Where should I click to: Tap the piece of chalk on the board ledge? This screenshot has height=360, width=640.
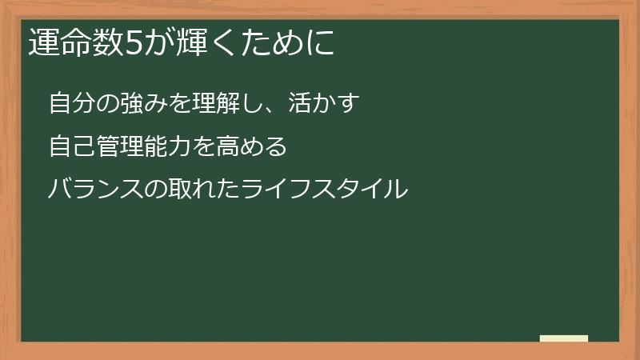click(564, 338)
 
